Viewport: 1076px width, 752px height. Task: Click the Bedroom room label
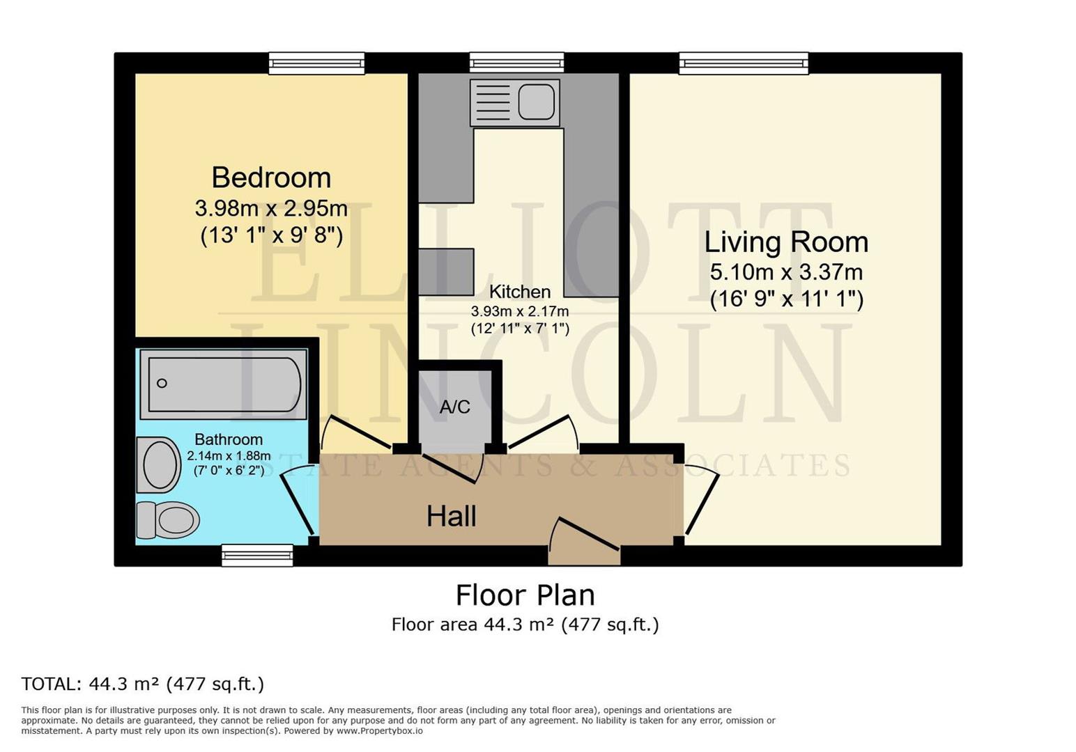click(x=271, y=178)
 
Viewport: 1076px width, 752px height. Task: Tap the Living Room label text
click(x=786, y=242)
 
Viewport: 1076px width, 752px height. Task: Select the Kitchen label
click(x=519, y=292)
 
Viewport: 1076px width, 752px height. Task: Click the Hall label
click(x=452, y=517)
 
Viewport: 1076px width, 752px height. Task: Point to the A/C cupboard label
click(x=454, y=407)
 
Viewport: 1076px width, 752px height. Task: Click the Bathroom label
click(x=229, y=439)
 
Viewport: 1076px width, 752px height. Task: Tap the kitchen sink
click(x=516, y=102)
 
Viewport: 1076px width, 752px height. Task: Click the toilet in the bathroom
click(x=168, y=520)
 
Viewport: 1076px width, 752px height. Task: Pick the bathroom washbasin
click(x=158, y=464)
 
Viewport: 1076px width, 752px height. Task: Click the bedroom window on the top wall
click(x=317, y=63)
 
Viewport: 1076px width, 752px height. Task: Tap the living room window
click(x=744, y=63)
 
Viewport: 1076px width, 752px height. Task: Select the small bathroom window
click(x=257, y=555)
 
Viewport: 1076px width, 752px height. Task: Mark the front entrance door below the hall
click(x=584, y=542)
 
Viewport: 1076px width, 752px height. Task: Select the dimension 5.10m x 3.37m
click(x=786, y=272)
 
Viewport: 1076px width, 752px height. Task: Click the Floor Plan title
click(x=525, y=595)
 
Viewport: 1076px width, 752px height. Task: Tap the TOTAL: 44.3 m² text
click(x=143, y=684)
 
